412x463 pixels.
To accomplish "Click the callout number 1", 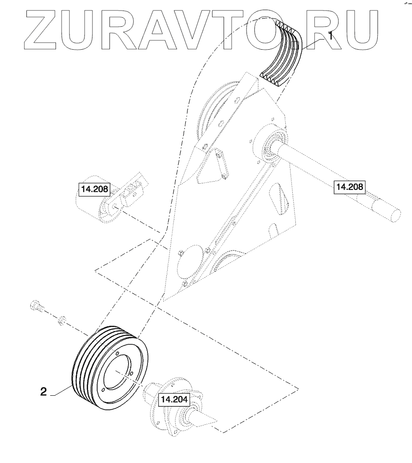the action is [x=331, y=36].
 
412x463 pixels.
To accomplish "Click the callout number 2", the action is [x=44, y=392].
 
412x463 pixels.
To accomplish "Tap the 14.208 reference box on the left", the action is [x=95, y=189].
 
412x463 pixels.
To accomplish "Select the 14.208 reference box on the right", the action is [x=349, y=187].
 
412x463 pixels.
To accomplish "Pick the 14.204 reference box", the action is [x=174, y=400].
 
